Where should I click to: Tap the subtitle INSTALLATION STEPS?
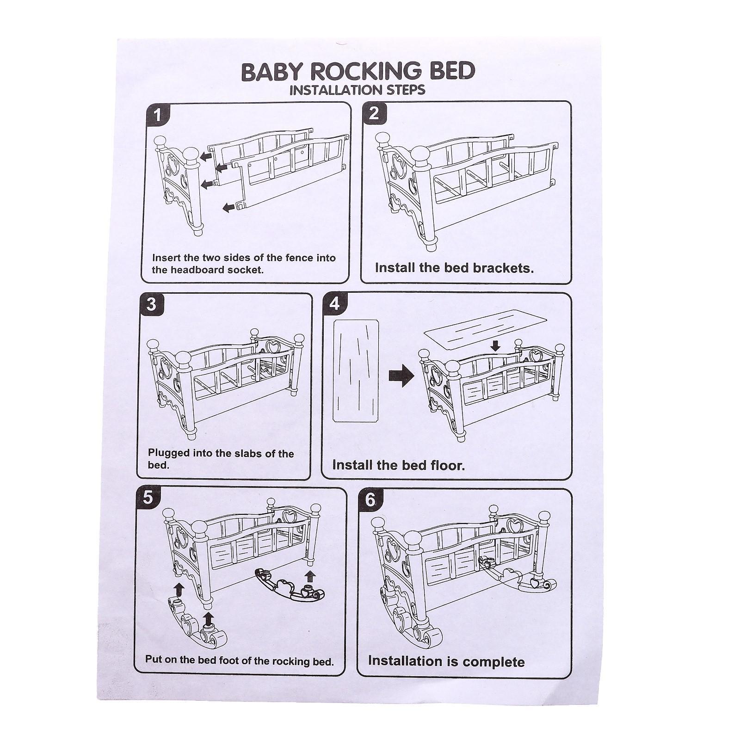(x=357, y=90)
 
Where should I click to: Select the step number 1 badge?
(x=158, y=115)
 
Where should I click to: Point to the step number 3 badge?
(x=151, y=305)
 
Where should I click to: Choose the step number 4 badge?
(x=334, y=304)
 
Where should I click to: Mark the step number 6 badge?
(x=370, y=500)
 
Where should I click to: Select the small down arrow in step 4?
(x=496, y=345)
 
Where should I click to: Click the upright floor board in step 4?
(x=356, y=371)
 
